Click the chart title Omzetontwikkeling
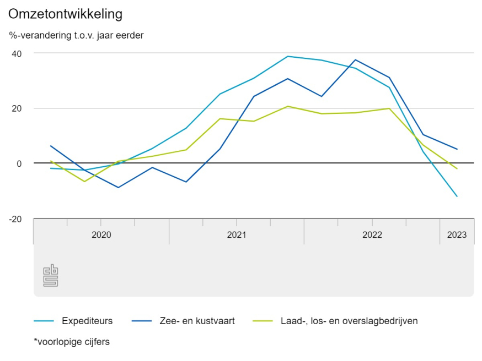[x=66, y=13]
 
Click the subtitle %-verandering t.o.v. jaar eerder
[x=76, y=36]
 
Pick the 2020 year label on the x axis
[x=101, y=235]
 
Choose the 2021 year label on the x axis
[x=237, y=235]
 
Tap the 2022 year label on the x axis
[x=372, y=235]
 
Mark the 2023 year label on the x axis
[x=457, y=235]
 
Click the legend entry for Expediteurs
[x=87, y=321]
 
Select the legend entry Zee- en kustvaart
[x=197, y=321]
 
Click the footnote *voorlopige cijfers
[x=72, y=342]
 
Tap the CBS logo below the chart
[x=51, y=276]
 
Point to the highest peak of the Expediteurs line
[x=288, y=56]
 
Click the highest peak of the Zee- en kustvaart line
[x=355, y=59]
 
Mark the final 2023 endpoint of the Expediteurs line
[x=457, y=196]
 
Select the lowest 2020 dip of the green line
[x=84, y=182]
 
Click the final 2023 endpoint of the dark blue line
[x=457, y=149]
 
